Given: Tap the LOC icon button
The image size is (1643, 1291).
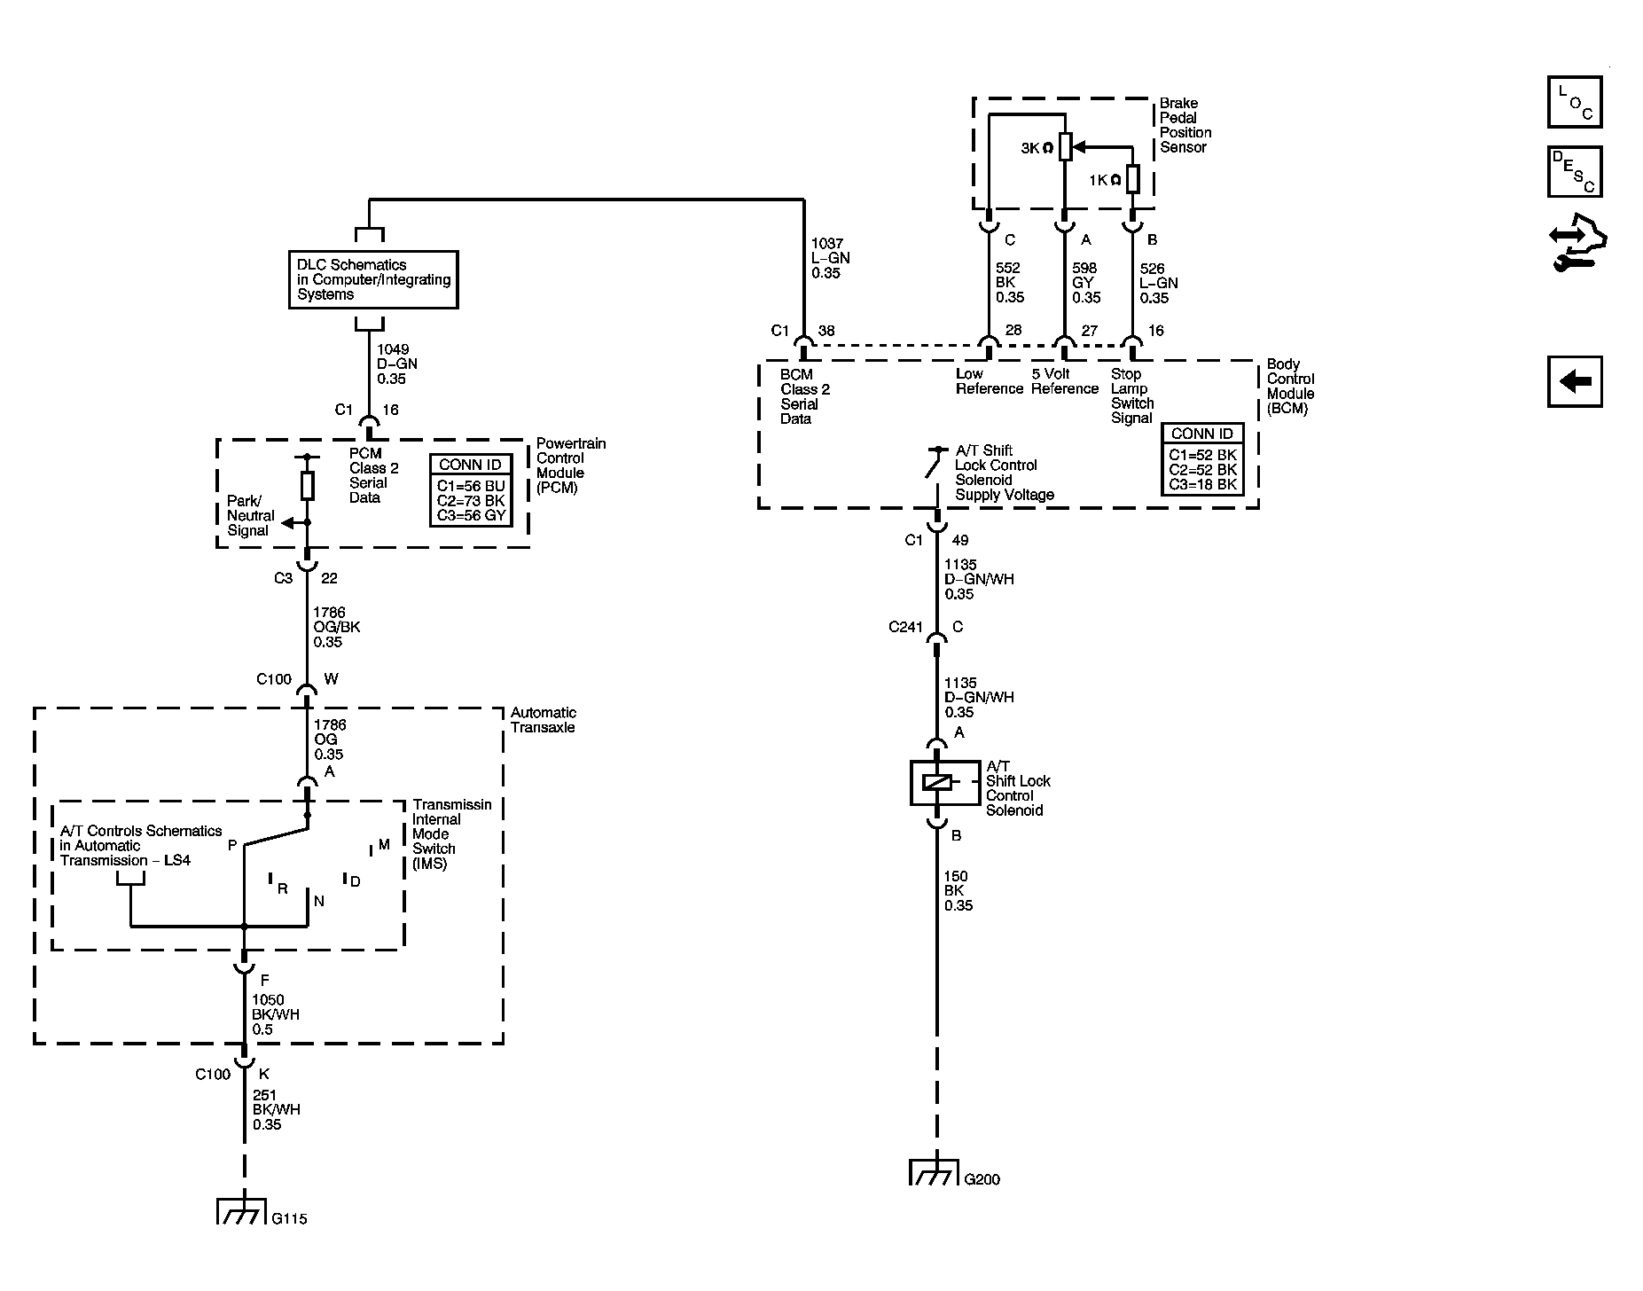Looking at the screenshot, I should click(1575, 102).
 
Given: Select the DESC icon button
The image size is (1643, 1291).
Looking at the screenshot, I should click(1575, 172).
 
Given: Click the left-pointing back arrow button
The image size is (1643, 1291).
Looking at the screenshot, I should click(1575, 382).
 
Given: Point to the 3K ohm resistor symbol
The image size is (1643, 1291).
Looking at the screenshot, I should click(1065, 147).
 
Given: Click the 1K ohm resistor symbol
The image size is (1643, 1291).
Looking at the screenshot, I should click(1132, 178).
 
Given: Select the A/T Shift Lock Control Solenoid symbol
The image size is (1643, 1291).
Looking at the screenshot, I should click(937, 782).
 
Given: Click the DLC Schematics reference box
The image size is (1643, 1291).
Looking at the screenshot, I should click(373, 279).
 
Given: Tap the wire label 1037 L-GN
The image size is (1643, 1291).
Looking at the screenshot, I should click(828, 258).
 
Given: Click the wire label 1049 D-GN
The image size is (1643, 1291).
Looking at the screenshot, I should click(396, 364).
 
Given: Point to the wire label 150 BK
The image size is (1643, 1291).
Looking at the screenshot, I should click(958, 890).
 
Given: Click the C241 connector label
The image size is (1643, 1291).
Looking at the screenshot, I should click(905, 627).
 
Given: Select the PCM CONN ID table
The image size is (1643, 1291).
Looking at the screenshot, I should click(471, 490).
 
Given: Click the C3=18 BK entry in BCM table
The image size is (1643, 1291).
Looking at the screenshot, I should click(1202, 484).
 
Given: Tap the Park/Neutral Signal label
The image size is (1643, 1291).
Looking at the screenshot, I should click(250, 515).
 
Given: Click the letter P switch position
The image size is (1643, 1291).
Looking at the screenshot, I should click(232, 845).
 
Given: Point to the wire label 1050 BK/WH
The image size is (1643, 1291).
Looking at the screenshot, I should click(276, 1014).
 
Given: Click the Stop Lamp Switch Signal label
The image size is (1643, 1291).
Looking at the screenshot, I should click(1131, 395).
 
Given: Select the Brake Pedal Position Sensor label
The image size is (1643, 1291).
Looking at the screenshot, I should click(1185, 125).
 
